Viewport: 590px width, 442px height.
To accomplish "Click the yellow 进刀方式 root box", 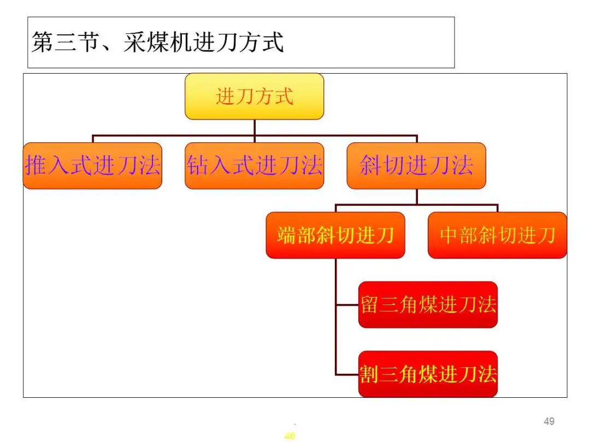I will pyautogui.click(x=254, y=97).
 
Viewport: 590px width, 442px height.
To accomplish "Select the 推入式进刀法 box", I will pyautogui.click(x=92, y=166).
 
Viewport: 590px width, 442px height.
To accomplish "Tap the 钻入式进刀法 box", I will pyautogui.click(x=254, y=166).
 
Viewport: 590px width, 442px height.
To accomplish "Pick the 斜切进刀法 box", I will pyautogui.click(x=416, y=166).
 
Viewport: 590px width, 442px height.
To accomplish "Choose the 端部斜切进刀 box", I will pyautogui.click(x=335, y=235).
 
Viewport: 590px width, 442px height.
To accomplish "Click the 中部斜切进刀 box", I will pyautogui.click(x=497, y=235).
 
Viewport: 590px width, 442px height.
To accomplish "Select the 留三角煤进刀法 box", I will pyautogui.click(x=428, y=304).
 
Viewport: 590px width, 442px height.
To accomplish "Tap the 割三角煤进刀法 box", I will pyautogui.click(x=428, y=374).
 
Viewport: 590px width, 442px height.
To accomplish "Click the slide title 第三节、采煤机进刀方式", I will pyautogui.click(x=158, y=42).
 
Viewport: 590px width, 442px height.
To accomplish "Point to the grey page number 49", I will pyautogui.click(x=549, y=421).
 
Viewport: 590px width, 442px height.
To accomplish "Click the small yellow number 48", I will pyautogui.click(x=290, y=436).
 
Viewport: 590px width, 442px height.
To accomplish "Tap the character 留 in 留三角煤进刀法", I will pyautogui.click(x=370, y=304).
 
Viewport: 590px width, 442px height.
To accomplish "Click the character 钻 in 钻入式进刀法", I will pyautogui.click(x=198, y=166).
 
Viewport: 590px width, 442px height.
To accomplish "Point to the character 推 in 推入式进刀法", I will pyautogui.click(x=36, y=166).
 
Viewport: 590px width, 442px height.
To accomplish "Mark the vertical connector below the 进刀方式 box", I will pyautogui.click(x=255, y=127).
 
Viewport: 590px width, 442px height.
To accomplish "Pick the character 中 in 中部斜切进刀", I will pyautogui.click(x=449, y=235).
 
